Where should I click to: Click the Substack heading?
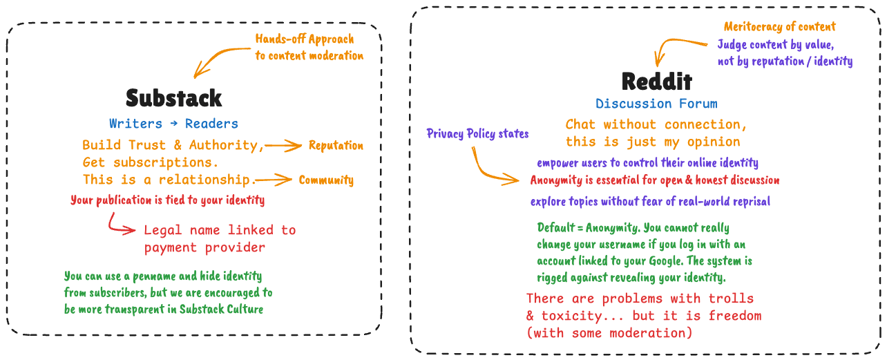(173, 97)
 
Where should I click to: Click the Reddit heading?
(656, 82)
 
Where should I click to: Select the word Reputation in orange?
(336, 145)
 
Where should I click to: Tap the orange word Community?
(326, 180)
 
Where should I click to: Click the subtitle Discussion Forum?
(656, 104)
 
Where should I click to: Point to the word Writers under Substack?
(135, 124)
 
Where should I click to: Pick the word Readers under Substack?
(211, 124)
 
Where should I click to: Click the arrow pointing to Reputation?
(284, 145)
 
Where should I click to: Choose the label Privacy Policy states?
(477, 133)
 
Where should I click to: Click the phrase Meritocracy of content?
(779, 27)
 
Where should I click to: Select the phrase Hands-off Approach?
(305, 39)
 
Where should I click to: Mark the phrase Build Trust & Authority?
(173, 145)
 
